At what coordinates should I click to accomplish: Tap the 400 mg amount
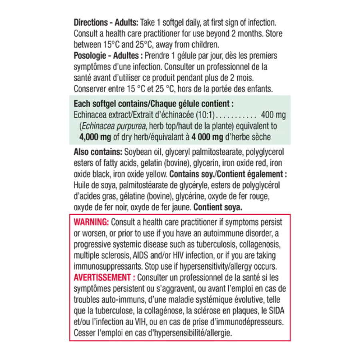pyautogui.click(x=273, y=115)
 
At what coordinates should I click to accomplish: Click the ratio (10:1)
pyautogui.click(x=206, y=115)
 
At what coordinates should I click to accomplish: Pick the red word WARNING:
pyautogui.click(x=91, y=222)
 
